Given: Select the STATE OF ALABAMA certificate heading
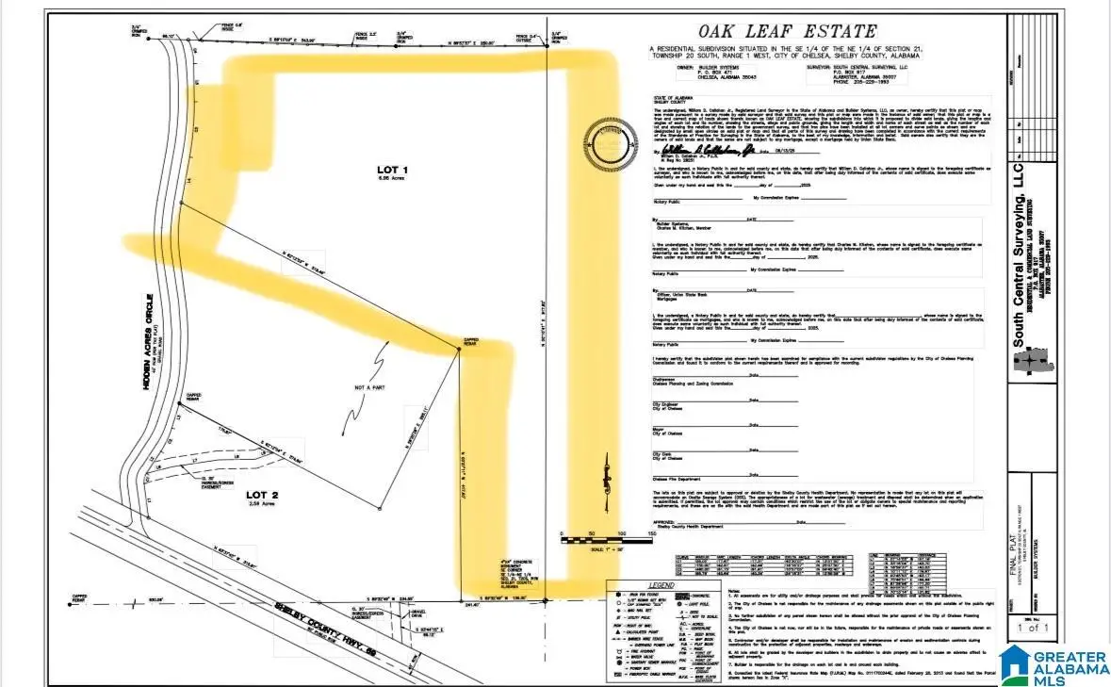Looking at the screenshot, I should (670, 97).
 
